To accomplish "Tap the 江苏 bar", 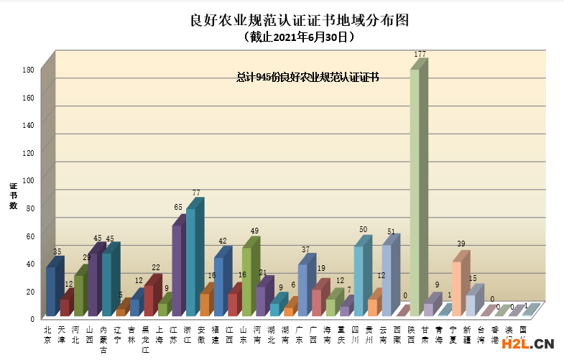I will pyautogui.click(x=177, y=271).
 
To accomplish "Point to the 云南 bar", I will pyautogui.click(x=387, y=280).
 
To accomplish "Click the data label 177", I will pyautogui.click(x=420, y=55).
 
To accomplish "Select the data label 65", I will pyautogui.click(x=178, y=207).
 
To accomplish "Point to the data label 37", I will pyautogui.click(x=306, y=249).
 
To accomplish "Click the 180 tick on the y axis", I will pyautogui.click(x=29, y=70).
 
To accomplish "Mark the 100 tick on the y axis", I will pyautogui.click(x=29, y=180).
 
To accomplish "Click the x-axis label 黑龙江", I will pyautogui.click(x=146, y=338).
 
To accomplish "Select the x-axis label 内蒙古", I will pyautogui.click(x=104, y=338).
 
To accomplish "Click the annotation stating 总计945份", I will pyautogui.click(x=308, y=77).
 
